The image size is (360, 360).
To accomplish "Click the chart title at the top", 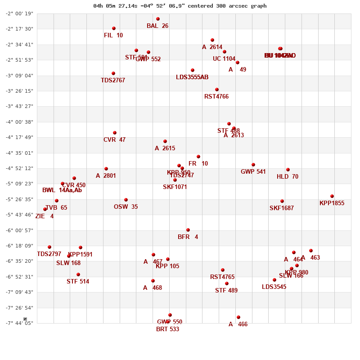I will click(180, 6).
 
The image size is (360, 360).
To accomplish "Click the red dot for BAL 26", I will click(158, 19).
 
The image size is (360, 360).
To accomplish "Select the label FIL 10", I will click(113, 36).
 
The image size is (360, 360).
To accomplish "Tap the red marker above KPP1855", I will click(332, 196).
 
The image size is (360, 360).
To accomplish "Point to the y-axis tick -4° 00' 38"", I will click(19, 122).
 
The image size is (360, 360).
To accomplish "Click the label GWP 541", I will click(253, 172).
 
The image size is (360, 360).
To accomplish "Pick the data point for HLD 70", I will click(288, 170).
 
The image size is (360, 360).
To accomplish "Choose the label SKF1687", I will click(282, 208).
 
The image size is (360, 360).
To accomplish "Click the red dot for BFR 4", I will click(188, 230).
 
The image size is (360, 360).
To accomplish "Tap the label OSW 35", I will click(126, 207).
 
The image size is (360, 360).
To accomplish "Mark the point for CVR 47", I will click(115, 133).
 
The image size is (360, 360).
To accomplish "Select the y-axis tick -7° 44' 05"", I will click(19, 323).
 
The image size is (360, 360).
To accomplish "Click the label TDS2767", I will click(113, 81).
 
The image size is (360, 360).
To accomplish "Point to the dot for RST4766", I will click(217, 90).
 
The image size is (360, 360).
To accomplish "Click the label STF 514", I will click(78, 282).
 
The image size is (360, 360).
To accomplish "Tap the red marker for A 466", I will click(238, 317).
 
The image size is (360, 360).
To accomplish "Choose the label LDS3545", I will click(274, 287).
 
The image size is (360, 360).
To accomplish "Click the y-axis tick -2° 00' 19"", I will click(19, 13).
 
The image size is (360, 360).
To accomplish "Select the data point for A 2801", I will click(106, 169).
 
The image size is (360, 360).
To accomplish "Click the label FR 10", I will click(198, 164).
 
